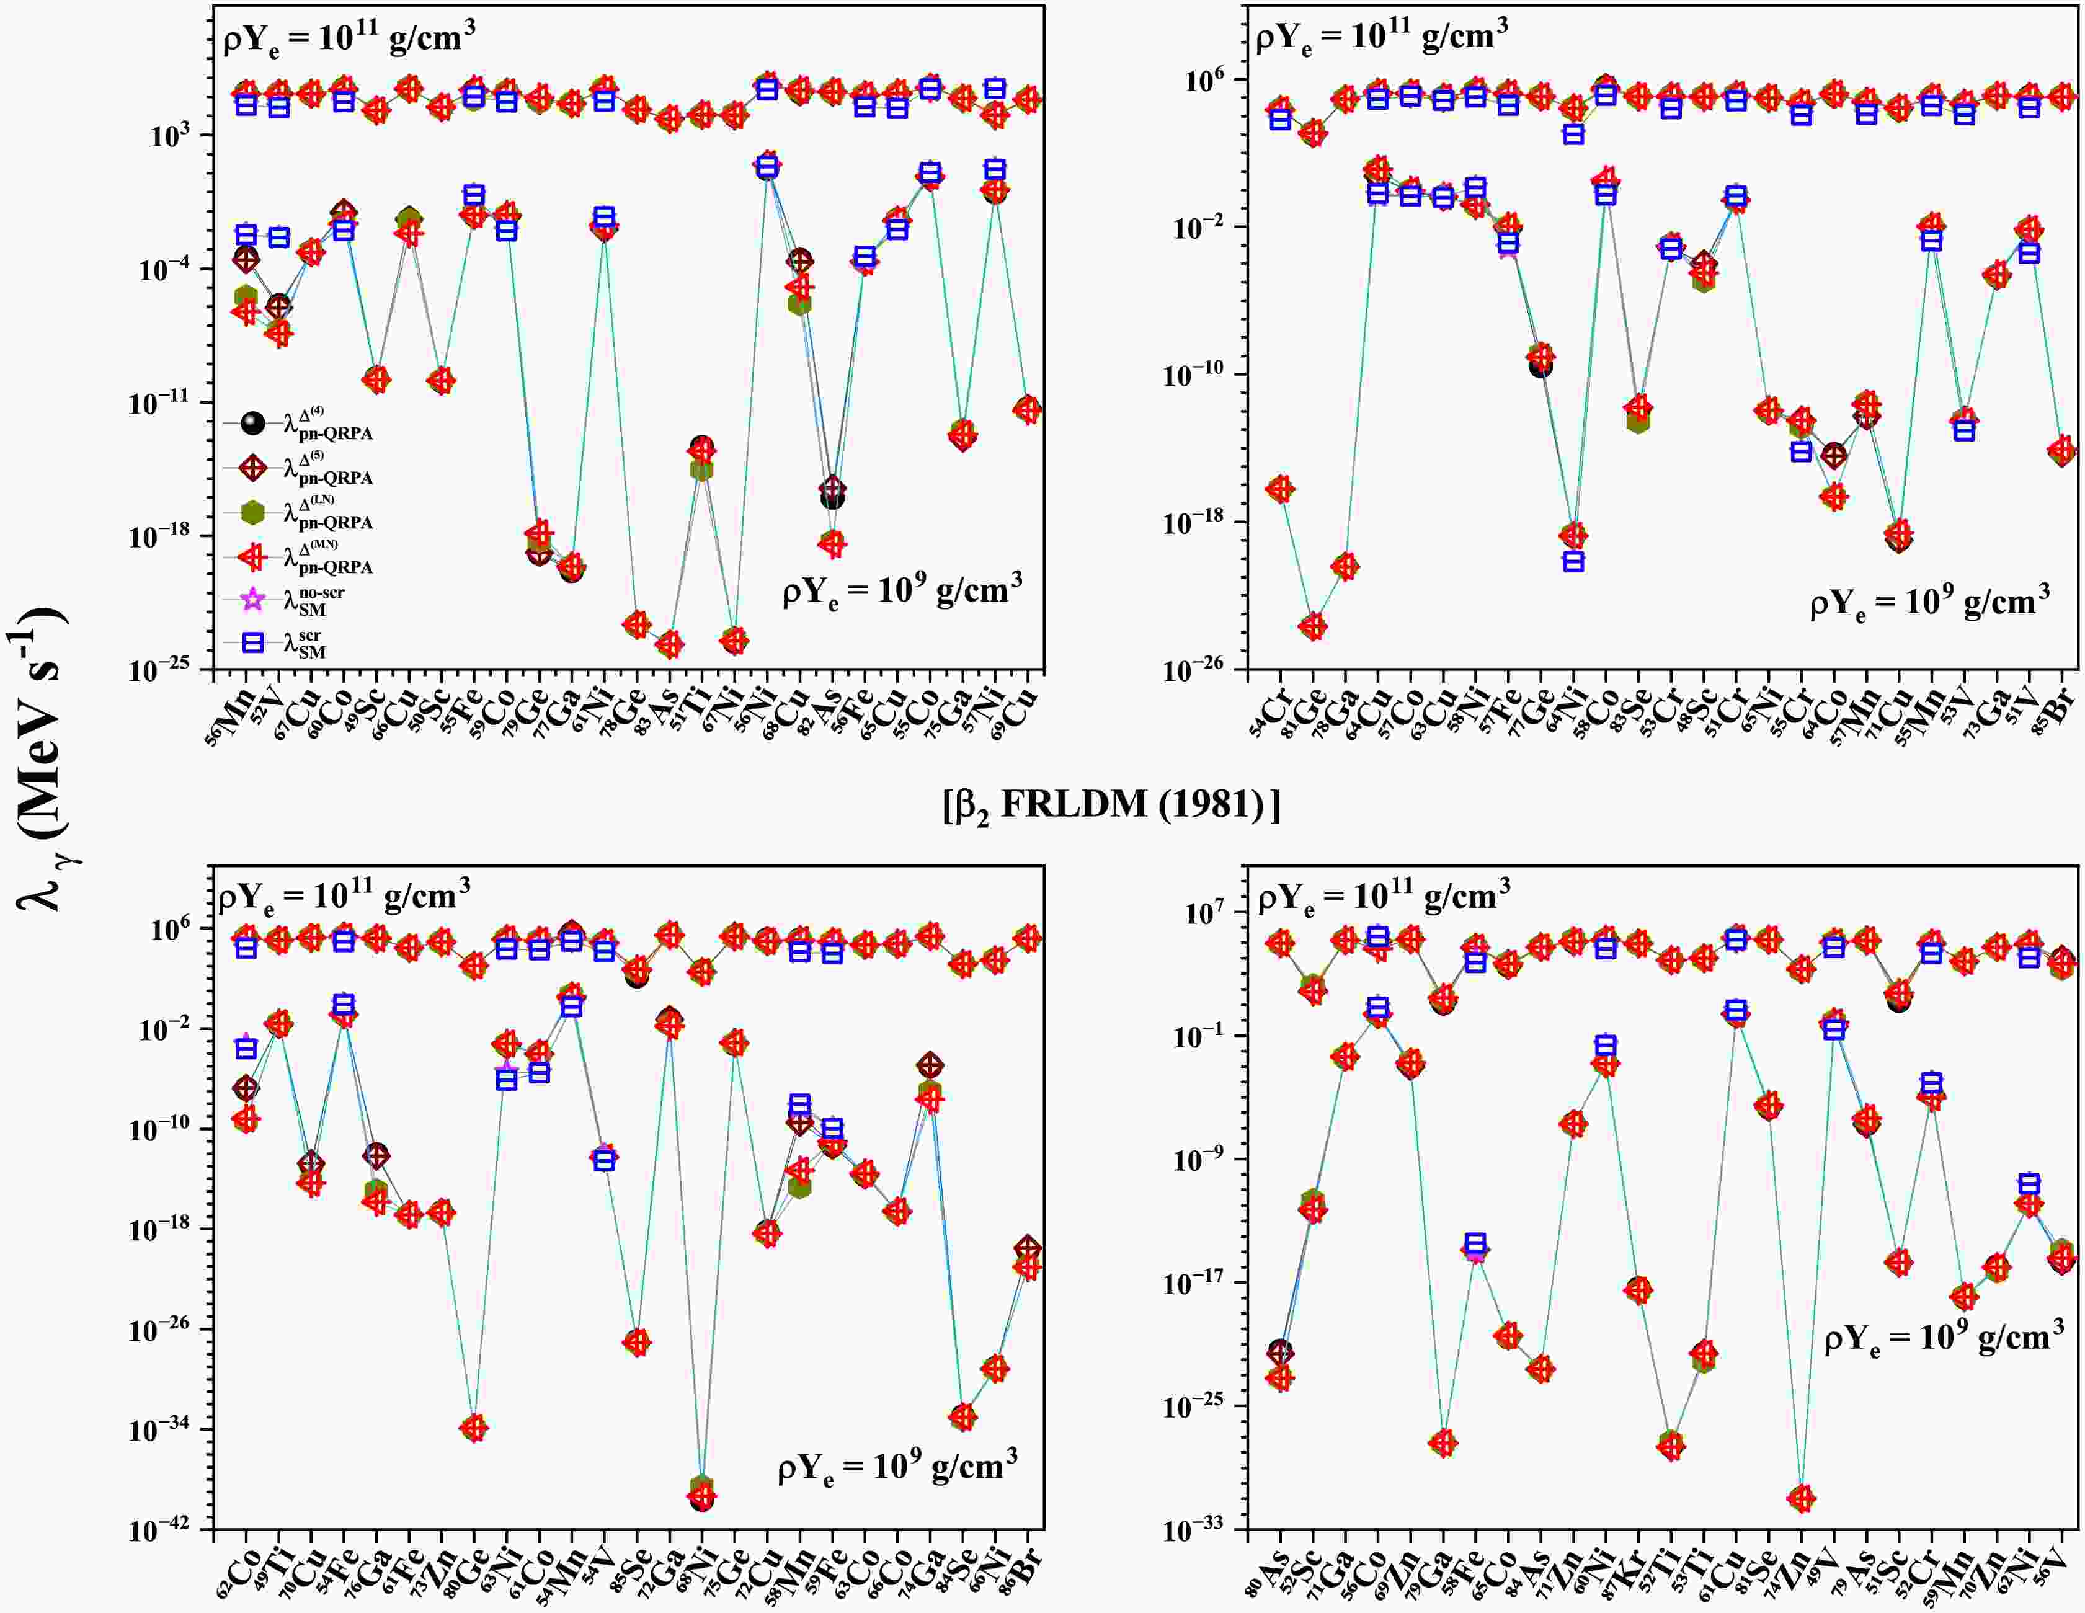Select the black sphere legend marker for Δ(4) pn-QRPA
253,422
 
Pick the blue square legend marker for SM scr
253,643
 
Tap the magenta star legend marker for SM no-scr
253,600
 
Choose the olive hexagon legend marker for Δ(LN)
253,512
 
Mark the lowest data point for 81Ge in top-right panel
1313,627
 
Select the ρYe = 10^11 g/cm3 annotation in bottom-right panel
1384,898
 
